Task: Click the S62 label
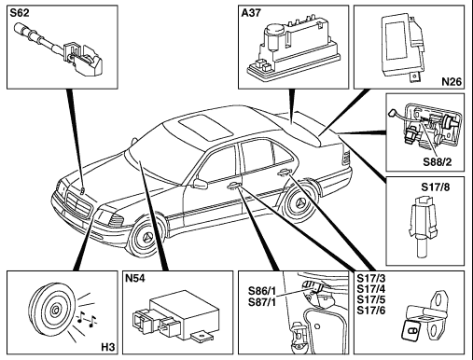pyautogui.click(x=20, y=13)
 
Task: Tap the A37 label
pyautogui.click(x=251, y=13)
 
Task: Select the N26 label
pyautogui.click(x=452, y=81)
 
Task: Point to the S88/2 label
pyautogui.click(x=437, y=162)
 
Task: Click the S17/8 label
pyautogui.click(x=436, y=187)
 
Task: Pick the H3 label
pyautogui.click(x=108, y=347)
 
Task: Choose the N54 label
pyautogui.click(x=135, y=278)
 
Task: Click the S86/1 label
pyautogui.click(x=262, y=291)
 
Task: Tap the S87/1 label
pyautogui.click(x=262, y=302)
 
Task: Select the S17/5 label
pyautogui.click(x=371, y=299)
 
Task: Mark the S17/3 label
pyautogui.click(x=371, y=278)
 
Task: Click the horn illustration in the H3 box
pyautogui.click(x=52, y=310)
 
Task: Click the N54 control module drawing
pyautogui.click(x=175, y=315)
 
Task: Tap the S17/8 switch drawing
pyautogui.click(x=423, y=227)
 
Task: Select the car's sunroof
pyautogui.click(x=205, y=126)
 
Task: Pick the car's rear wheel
pyautogui.click(x=299, y=201)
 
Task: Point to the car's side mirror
pyautogui.click(x=200, y=183)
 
